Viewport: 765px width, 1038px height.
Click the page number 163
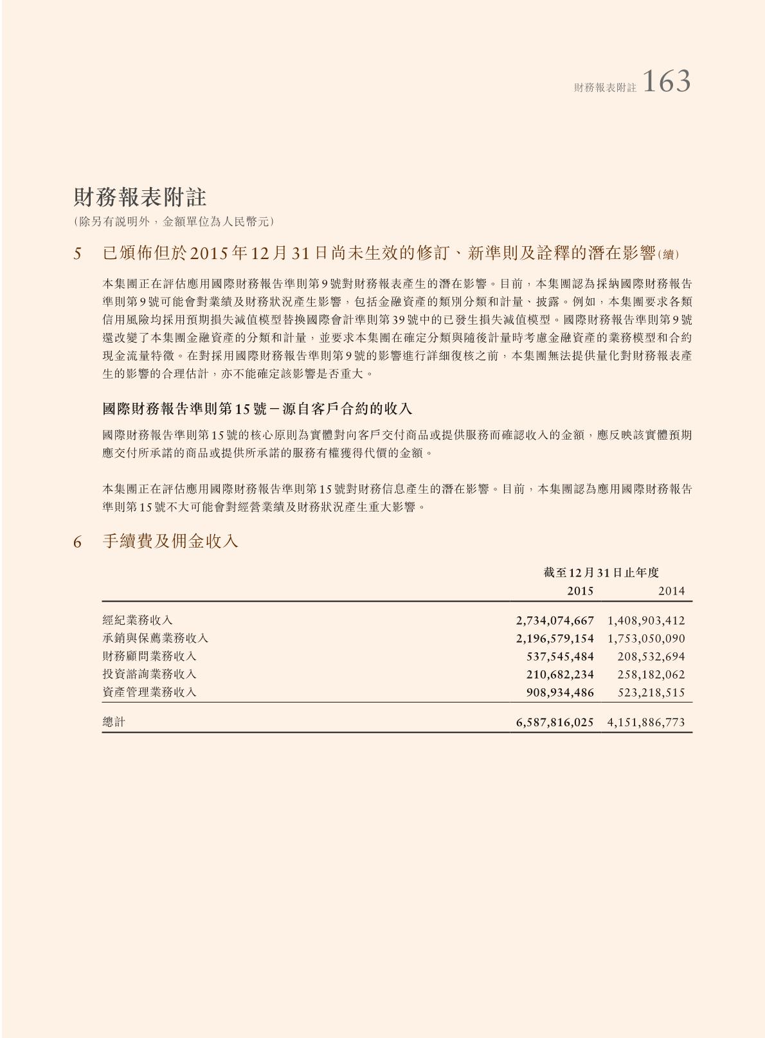coord(666,82)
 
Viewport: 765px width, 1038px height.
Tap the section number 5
coord(78,254)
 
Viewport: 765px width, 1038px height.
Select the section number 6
coord(78,542)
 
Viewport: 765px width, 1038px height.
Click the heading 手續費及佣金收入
coord(170,541)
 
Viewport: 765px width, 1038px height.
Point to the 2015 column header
coord(580,591)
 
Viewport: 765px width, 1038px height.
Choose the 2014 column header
coord(671,591)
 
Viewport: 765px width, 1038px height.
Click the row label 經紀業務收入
coord(138,620)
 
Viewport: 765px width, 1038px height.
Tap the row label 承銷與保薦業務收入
coord(155,638)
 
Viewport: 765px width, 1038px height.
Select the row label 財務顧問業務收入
coord(149,656)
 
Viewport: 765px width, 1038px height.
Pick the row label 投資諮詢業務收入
coord(149,674)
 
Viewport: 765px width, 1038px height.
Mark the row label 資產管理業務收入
coord(149,692)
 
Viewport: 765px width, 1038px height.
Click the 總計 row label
coord(114,722)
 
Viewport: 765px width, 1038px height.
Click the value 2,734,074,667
coord(555,621)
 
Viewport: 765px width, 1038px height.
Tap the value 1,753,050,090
coord(646,639)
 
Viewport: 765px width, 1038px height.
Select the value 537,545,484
coord(560,657)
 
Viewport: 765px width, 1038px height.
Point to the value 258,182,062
coord(651,675)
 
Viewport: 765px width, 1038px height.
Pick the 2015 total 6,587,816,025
coord(555,722)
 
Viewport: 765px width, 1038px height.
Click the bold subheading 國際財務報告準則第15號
coord(257,409)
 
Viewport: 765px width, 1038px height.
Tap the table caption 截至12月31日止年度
coord(600,572)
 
